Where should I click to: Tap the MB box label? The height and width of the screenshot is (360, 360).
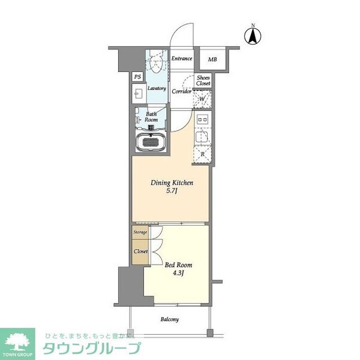click(212, 60)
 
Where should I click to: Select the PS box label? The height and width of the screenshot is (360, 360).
click(137, 77)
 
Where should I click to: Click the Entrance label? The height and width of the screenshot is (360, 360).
click(181, 59)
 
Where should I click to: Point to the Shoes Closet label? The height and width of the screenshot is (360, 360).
click(203, 80)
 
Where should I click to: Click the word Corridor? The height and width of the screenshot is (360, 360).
click(181, 92)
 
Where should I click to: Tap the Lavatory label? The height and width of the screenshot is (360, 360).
click(157, 88)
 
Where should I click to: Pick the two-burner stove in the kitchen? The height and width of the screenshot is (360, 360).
click(202, 119)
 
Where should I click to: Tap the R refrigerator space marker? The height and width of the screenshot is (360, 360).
click(202, 154)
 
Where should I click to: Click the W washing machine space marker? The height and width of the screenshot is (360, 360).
click(202, 99)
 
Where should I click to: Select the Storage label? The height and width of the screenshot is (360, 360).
click(140, 232)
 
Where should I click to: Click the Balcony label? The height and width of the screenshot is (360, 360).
click(169, 319)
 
